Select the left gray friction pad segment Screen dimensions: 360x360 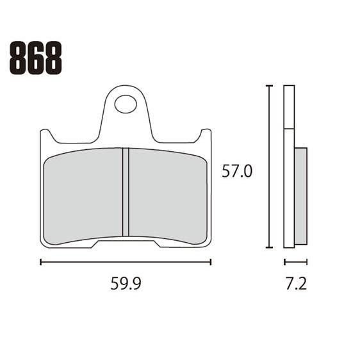point(83,195)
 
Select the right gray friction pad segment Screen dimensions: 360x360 point(168,195)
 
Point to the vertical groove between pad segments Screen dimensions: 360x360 point(126,192)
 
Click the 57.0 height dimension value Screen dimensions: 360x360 point(237,171)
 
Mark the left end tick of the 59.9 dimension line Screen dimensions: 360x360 point(40,261)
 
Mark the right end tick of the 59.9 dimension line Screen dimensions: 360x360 point(211,261)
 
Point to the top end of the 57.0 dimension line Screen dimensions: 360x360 point(270,85)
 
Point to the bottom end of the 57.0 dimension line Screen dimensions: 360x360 point(270,247)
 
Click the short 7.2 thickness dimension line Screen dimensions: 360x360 point(295,261)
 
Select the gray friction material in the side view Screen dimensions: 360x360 point(300,195)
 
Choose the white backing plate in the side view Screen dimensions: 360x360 point(288,167)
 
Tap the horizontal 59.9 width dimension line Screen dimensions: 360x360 point(126,261)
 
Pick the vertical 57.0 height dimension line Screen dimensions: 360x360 point(270,167)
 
